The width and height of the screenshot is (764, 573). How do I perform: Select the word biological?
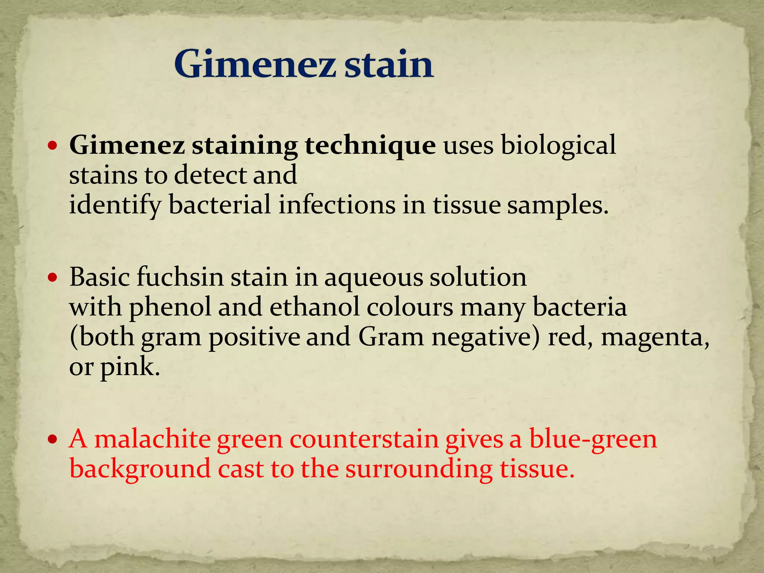[x=558, y=146]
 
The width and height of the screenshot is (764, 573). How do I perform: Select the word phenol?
[x=170, y=308]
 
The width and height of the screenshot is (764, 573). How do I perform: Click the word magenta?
[x=655, y=338]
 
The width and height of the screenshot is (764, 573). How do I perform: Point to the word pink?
[x=130, y=367]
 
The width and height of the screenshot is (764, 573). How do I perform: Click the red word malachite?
[x=152, y=439]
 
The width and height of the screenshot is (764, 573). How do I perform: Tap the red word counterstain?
[x=363, y=439]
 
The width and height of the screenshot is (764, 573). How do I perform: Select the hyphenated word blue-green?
[x=593, y=439]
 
